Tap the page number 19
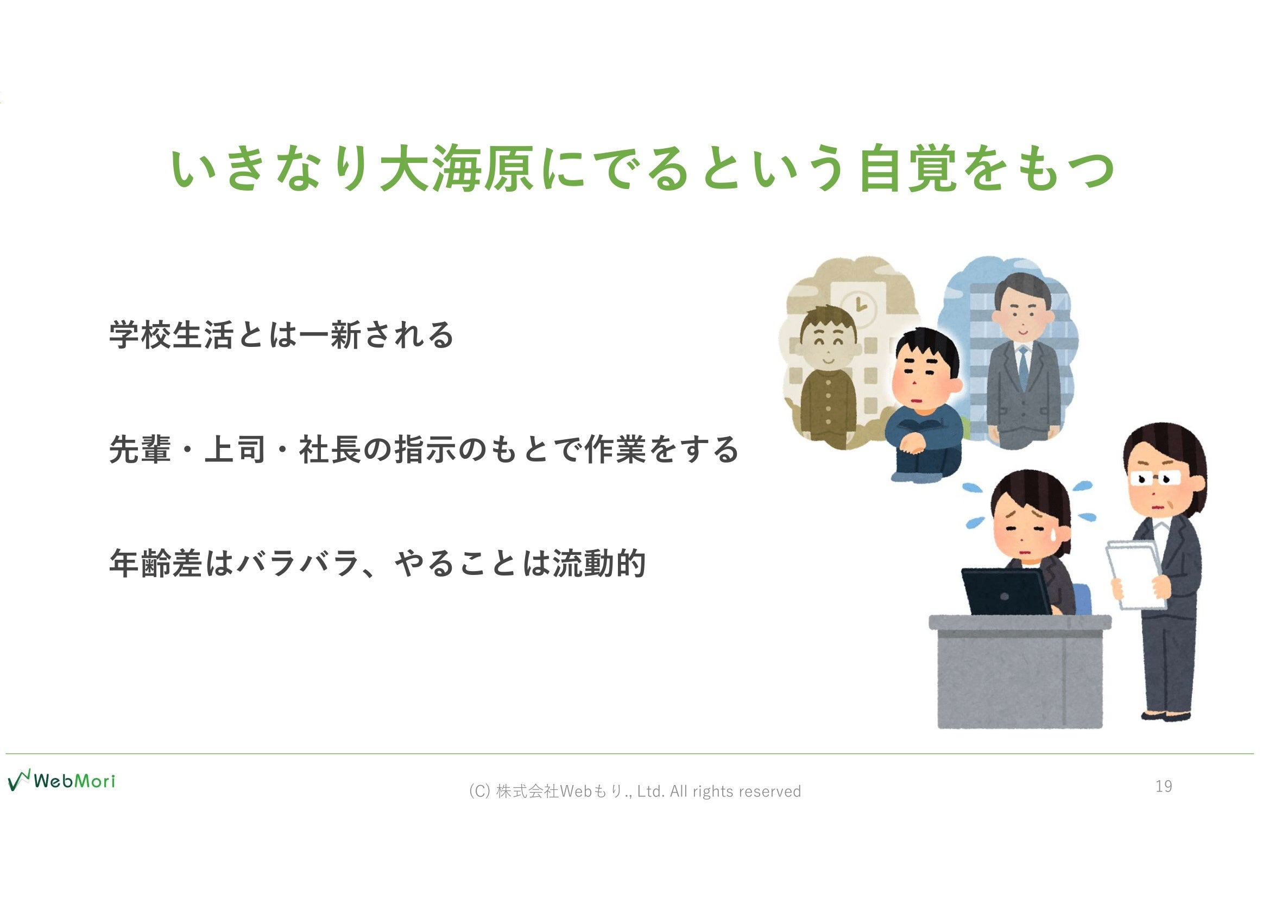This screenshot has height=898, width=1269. tap(1164, 786)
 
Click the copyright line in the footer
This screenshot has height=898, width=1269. tap(635, 791)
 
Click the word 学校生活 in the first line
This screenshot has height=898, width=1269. tap(172, 334)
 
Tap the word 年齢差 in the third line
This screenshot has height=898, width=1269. tap(156, 564)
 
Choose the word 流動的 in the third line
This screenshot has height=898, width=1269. tap(599, 564)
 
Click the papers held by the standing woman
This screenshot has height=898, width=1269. tap(1136, 575)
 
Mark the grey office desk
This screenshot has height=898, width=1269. tap(1020, 671)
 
